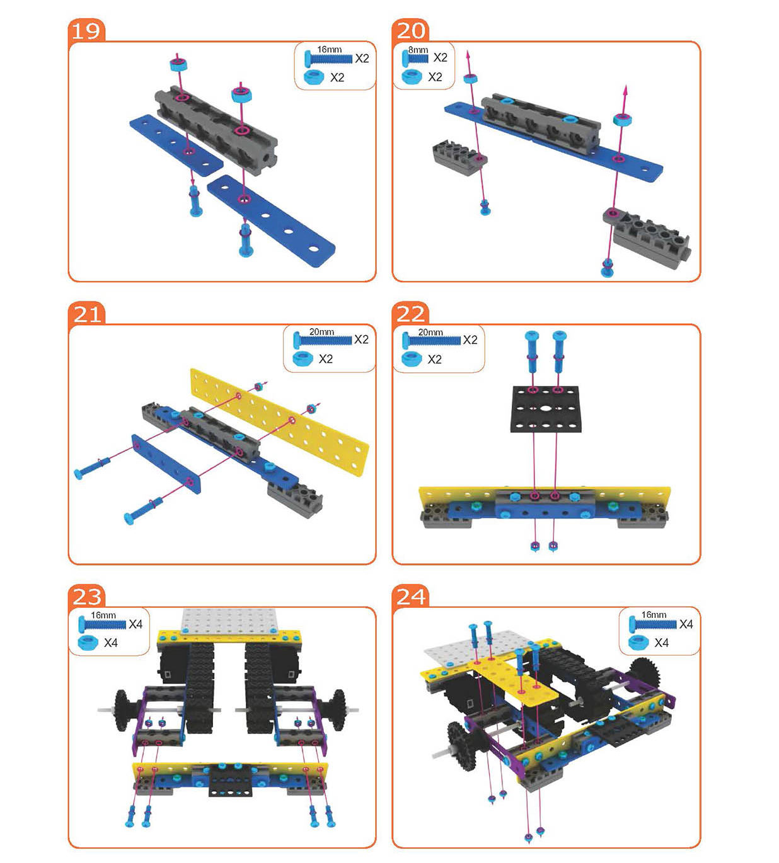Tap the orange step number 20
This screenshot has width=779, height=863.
click(410, 31)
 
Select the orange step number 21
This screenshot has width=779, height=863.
click(87, 314)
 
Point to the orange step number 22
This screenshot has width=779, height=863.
click(410, 314)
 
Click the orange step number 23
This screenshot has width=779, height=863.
click(87, 597)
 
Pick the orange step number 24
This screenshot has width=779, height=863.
click(411, 597)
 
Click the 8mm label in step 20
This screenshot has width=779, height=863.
click(418, 50)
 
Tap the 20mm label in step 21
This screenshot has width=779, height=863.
click(321, 332)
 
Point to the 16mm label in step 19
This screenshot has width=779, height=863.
click(330, 50)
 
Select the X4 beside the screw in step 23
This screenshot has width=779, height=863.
click(136, 624)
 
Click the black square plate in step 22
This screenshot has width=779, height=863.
click(546, 409)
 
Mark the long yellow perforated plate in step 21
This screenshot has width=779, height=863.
click(279, 422)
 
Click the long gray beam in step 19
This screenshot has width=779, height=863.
click(216, 130)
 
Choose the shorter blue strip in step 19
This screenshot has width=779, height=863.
click(176, 144)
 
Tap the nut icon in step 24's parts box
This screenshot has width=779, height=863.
click(638, 643)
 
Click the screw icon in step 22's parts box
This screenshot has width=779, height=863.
click(431, 340)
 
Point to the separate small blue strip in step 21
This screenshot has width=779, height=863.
click(166, 464)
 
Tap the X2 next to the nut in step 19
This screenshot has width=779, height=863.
click(337, 77)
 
